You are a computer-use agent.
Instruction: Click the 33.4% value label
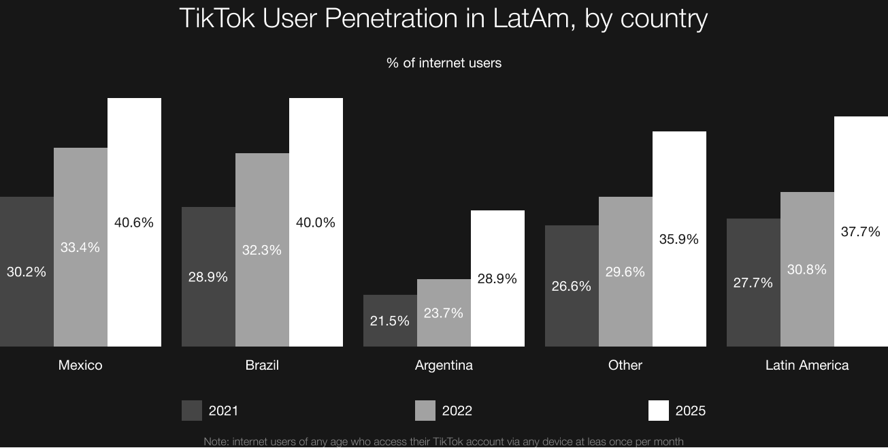(80, 247)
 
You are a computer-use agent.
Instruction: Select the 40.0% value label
(316, 223)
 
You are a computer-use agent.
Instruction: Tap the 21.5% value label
(390, 320)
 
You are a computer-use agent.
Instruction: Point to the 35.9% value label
(679, 239)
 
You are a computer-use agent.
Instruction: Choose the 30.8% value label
(807, 270)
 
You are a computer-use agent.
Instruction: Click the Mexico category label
(80, 365)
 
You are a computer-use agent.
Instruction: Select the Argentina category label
(444, 365)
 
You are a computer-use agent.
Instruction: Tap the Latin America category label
(807, 365)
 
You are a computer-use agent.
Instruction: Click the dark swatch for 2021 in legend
(192, 411)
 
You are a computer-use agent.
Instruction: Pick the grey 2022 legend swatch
(425, 411)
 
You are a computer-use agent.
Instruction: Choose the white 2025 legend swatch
(659, 411)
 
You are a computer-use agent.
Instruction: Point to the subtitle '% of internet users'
(444, 63)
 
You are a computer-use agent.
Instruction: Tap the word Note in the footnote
(216, 442)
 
